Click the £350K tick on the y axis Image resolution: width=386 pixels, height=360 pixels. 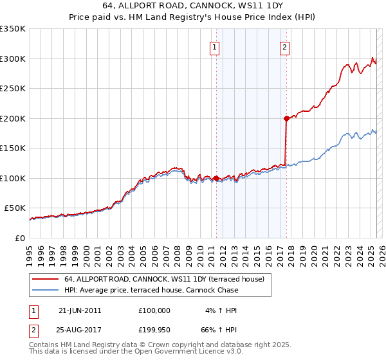tap(13, 29)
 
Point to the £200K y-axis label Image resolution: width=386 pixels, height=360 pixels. tap(13, 118)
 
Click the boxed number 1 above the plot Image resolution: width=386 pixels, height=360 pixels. tap(214, 46)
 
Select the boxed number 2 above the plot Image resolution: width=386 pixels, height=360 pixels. tap(284, 46)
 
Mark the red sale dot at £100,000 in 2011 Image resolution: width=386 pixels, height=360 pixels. tap(216, 178)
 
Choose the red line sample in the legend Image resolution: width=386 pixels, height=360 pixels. tap(45, 279)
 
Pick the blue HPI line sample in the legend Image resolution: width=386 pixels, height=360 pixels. tap(45, 290)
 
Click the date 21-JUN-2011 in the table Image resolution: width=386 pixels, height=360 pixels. tap(80, 310)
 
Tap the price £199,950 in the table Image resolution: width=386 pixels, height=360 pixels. tap(154, 330)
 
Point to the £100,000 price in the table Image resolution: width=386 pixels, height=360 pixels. tap(154, 310)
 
